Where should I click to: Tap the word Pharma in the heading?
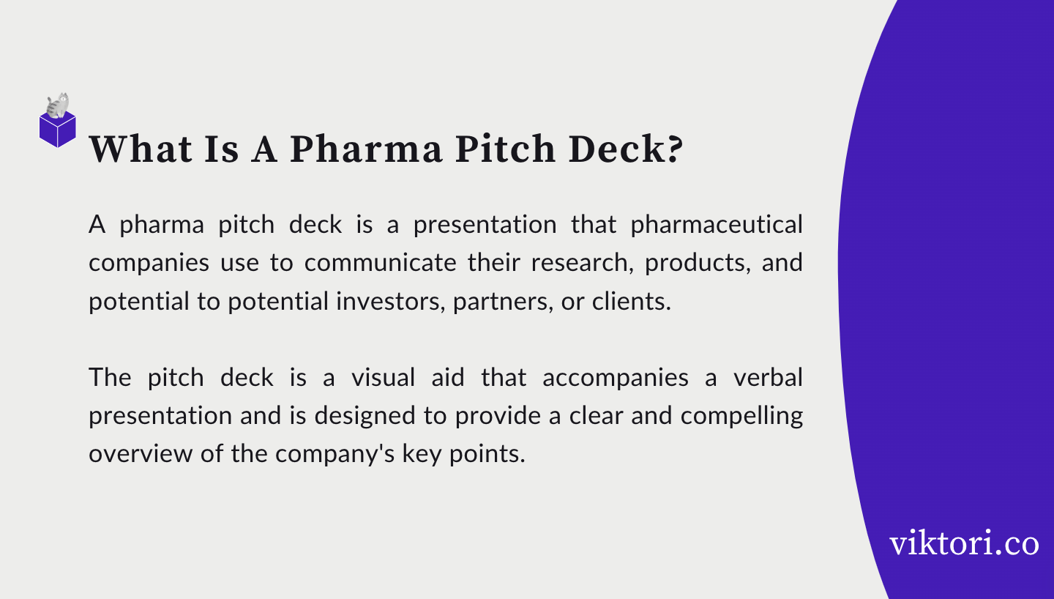(366, 149)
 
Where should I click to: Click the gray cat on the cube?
(58, 105)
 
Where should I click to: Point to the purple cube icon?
(58, 130)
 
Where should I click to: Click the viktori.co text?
(964, 544)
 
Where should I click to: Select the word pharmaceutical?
(717, 225)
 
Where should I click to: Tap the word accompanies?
(616, 378)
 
